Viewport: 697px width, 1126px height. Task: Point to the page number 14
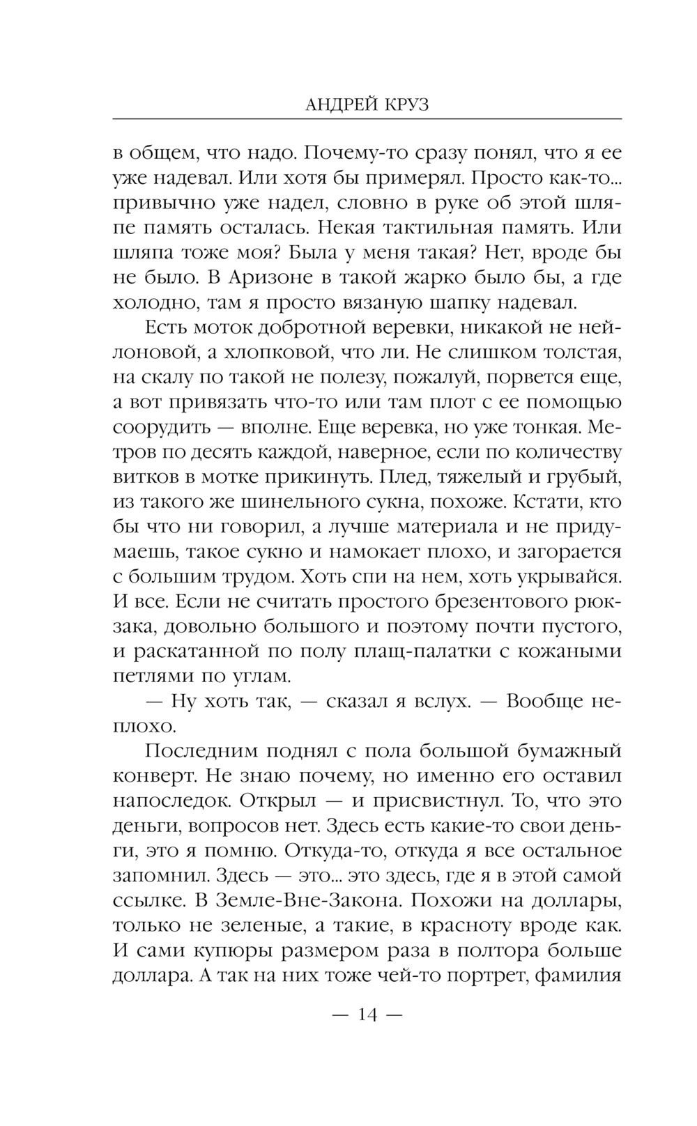[367, 1015]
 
